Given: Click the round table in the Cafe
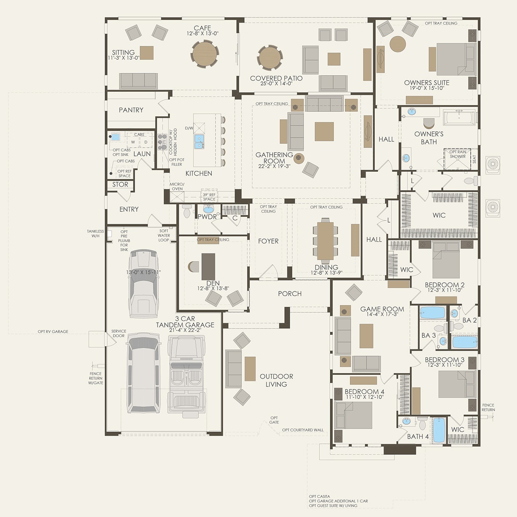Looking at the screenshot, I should coord(204,54).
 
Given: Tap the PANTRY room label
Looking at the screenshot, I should coord(131,110).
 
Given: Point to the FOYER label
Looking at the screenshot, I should coord(268,241).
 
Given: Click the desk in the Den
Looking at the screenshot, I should coord(208,267).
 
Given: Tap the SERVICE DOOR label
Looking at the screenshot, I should coord(118,334).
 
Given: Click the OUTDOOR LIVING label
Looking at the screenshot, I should coord(276,380).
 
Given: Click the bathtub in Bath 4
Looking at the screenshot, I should coord(439,430).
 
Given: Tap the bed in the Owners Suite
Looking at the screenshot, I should coord(456,59).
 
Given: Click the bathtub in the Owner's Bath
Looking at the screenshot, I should coord(459,118).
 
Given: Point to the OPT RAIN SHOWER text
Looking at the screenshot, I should coord(457,154).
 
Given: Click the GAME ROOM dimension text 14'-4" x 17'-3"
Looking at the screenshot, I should coord(382,314).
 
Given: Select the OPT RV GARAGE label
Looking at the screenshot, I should coord(53,332).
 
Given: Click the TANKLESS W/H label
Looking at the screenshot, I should coord(95,233).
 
